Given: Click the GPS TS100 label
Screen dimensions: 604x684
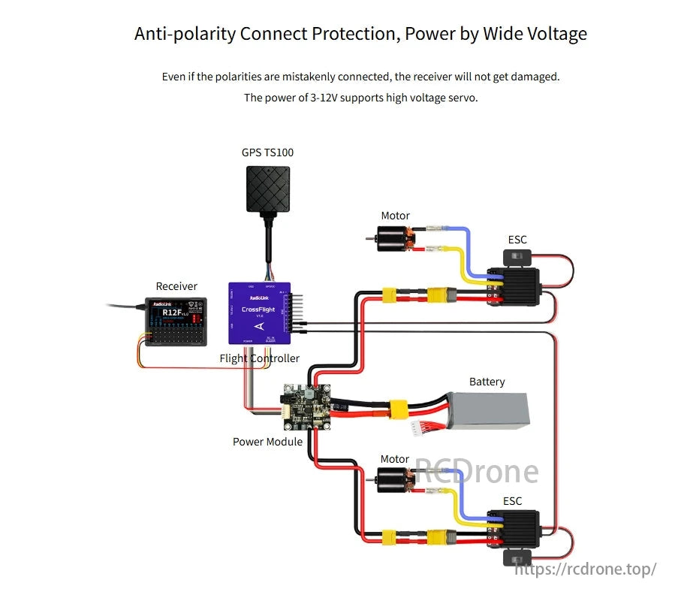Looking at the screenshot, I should (x=267, y=153).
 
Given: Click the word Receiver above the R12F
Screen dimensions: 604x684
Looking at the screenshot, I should (x=176, y=286).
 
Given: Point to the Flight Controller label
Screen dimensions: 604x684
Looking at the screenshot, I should (x=259, y=358).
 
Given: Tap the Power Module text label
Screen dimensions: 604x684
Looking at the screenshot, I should (x=267, y=442).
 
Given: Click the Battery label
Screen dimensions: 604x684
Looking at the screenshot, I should (x=487, y=382).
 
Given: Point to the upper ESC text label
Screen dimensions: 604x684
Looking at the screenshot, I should (x=517, y=240).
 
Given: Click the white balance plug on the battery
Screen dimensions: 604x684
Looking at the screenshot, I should (x=417, y=428).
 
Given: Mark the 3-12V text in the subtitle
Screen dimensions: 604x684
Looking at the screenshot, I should (x=324, y=98).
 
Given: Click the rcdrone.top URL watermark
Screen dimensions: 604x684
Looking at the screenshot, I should (x=585, y=569).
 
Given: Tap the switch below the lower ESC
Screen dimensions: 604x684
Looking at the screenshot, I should (x=517, y=559).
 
